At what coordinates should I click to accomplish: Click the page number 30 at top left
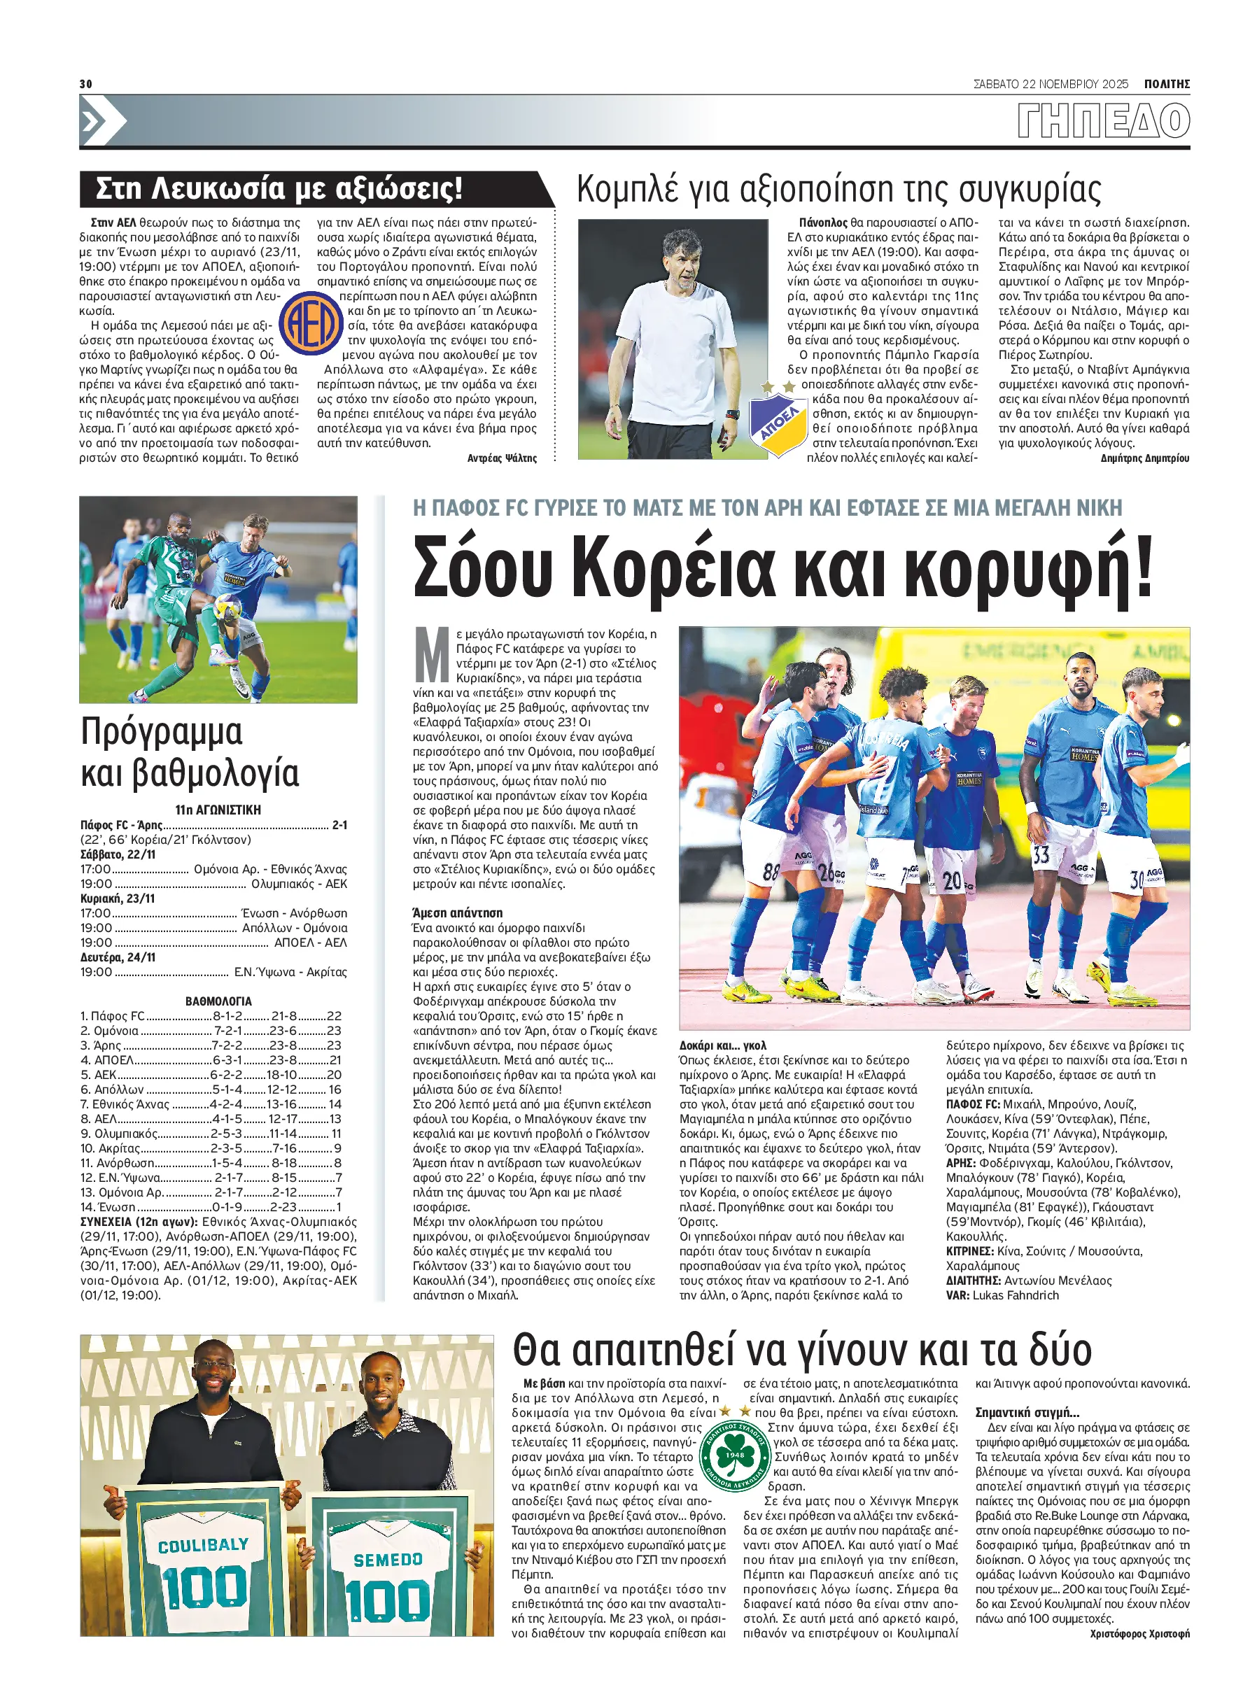[x=85, y=83]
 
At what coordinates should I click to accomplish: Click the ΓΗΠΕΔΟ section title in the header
[x=1103, y=120]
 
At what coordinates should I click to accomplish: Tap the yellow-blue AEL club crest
[x=311, y=323]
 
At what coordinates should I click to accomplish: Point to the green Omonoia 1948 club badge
[x=734, y=1456]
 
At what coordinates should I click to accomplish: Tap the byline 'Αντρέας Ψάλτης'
[x=502, y=458]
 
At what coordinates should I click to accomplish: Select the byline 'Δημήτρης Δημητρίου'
[x=1144, y=458]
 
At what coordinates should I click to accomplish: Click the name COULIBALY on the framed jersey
[x=203, y=1545]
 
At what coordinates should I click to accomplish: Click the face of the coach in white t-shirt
[x=684, y=264]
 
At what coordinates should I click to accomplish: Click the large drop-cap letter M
[x=433, y=654]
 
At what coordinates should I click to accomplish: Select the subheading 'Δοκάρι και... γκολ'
[x=722, y=1045]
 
